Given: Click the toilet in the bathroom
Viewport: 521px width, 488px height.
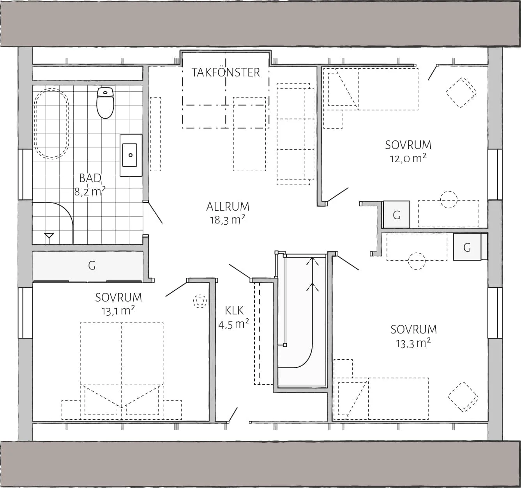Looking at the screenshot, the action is pyautogui.click(x=105, y=103).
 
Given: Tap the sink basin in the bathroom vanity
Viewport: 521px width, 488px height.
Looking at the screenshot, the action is pyautogui.click(x=130, y=155).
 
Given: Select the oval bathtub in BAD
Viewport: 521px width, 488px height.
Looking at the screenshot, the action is pyautogui.click(x=51, y=123).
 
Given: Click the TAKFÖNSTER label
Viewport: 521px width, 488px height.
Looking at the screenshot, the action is pyautogui.click(x=226, y=73).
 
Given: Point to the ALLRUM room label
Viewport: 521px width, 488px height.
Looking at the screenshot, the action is pyautogui.click(x=228, y=207).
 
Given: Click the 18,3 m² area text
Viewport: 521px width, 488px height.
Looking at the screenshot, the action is pyautogui.click(x=228, y=219).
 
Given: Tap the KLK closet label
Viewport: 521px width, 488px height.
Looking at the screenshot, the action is pyautogui.click(x=234, y=311).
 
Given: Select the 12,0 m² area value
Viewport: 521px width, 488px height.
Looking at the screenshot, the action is pyautogui.click(x=408, y=158).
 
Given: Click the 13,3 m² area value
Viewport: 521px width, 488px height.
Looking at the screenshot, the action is pyautogui.click(x=413, y=343).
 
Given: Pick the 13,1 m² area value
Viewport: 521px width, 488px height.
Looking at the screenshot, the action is pyautogui.click(x=118, y=311).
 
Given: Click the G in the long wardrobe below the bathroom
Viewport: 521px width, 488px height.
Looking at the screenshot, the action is pyautogui.click(x=92, y=266).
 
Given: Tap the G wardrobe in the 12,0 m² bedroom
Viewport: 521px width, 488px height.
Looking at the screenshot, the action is pyautogui.click(x=396, y=215).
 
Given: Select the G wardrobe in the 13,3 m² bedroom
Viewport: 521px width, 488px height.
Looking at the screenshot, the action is pyautogui.click(x=467, y=247).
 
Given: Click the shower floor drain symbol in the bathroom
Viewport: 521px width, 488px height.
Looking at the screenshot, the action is pyautogui.click(x=49, y=238).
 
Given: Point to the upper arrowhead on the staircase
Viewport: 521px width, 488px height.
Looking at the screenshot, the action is pyautogui.click(x=313, y=261).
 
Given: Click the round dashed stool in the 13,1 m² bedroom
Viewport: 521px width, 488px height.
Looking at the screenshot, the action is pyautogui.click(x=200, y=301).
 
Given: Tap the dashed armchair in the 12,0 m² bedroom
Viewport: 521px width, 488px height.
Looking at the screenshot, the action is pyautogui.click(x=461, y=93).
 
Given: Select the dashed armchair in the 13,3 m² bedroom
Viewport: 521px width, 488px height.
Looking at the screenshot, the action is pyautogui.click(x=463, y=397).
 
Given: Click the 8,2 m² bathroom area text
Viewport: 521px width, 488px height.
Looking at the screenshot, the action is pyautogui.click(x=90, y=192).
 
